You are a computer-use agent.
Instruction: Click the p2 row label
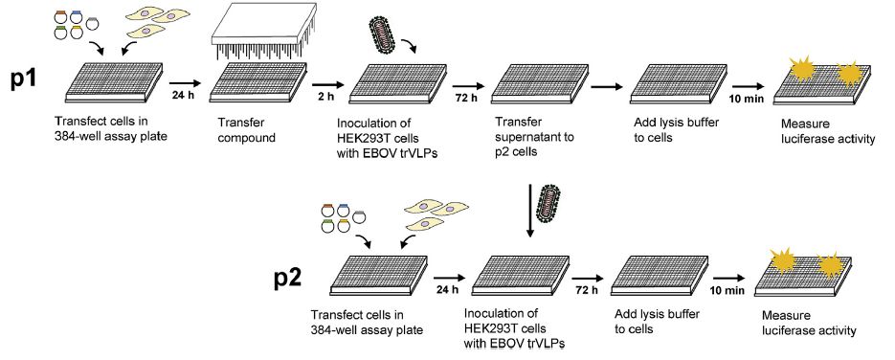point(289,278)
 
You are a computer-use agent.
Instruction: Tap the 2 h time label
point(325,97)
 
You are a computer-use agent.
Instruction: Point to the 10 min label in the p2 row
point(727,290)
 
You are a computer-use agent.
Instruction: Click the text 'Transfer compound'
point(246,130)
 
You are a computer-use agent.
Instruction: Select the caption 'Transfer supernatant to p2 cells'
point(535,138)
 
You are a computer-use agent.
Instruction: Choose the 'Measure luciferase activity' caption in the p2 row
point(809,323)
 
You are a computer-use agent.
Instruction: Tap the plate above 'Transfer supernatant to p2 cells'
point(540,83)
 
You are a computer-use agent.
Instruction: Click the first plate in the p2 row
point(380,275)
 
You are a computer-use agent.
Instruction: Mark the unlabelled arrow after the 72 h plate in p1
point(606,87)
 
